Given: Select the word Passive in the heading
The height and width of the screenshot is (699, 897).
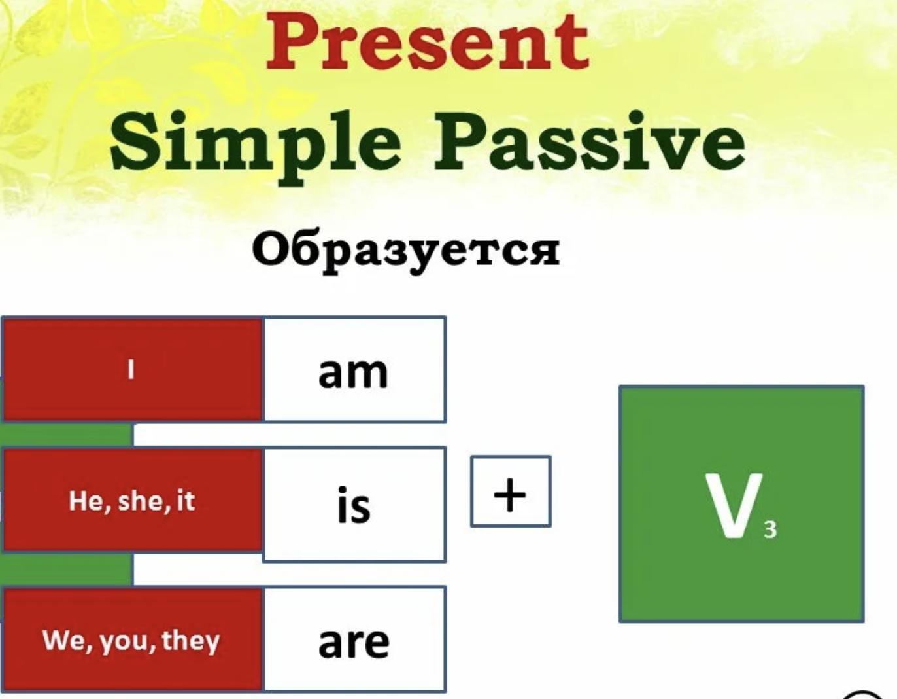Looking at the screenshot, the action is pyautogui.click(x=590, y=141).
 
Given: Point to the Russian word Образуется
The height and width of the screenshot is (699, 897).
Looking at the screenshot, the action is pyautogui.click(x=406, y=251).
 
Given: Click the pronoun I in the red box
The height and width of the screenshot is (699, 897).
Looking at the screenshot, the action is pyautogui.click(x=131, y=369).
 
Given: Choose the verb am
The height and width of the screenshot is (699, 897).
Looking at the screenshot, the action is pyautogui.click(x=353, y=372).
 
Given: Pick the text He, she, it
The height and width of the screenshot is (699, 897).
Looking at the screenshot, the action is pyautogui.click(x=131, y=502).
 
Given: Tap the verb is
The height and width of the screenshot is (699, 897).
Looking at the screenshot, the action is pyautogui.click(x=354, y=505).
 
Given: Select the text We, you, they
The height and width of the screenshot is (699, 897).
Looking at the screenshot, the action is pyautogui.click(x=131, y=641).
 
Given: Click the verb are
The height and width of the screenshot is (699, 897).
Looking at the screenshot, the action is pyautogui.click(x=354, y=643).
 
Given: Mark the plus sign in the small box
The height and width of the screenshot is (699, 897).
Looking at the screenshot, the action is pyautogui.click(x=510, y=495).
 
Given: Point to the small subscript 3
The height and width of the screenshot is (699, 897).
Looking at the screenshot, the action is pyautogui.click(x=770, y=529).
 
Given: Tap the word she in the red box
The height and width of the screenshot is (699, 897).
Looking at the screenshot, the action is pyautogui.click(x=141, y=501).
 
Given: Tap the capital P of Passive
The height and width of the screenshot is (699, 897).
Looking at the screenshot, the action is pyautogui.click(x=462, y=141).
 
